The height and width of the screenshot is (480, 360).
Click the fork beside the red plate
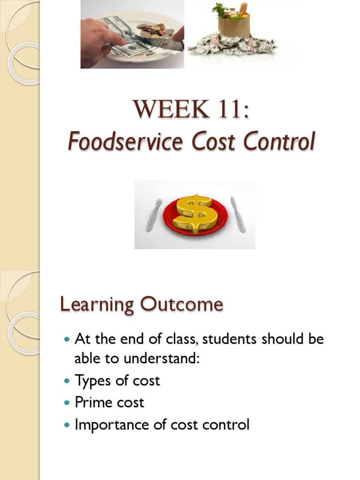tap(154, 215)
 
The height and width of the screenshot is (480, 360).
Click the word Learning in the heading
tap(97, 305)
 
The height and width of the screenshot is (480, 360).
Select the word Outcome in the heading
tap(180, 305)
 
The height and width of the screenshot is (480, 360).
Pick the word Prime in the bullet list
tap(92, 403)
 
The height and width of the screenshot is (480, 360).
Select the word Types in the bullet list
tap(93, 381)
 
